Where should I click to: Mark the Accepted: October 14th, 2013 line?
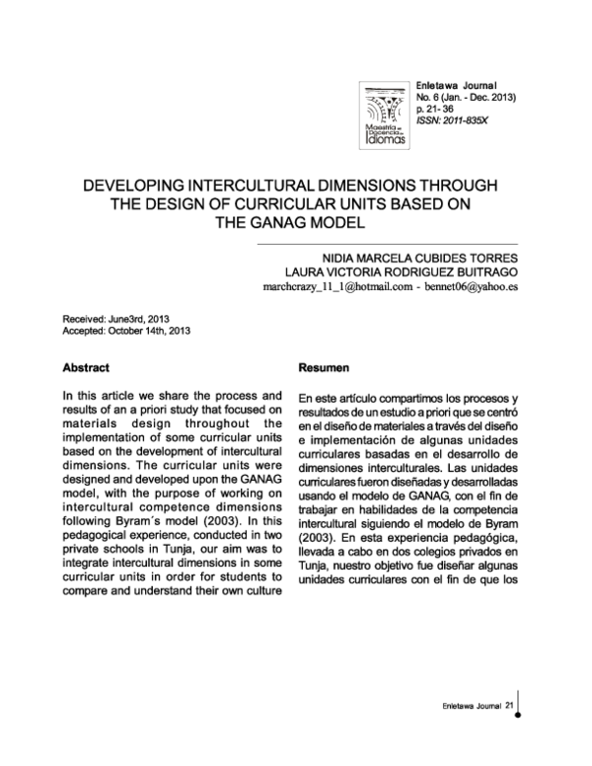(x=124, y=333)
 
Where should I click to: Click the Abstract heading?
(x=86, y=367)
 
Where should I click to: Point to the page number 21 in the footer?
(x=509, y=705)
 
